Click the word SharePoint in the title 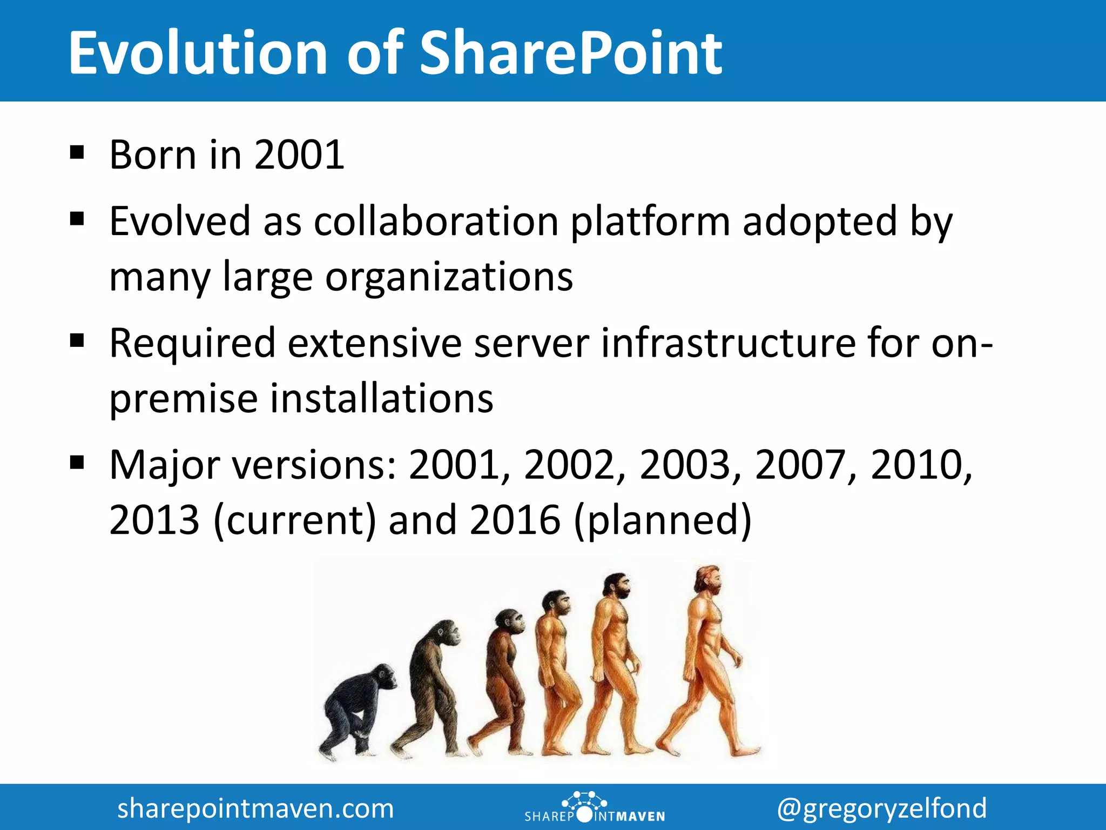coord(571,53)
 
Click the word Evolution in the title coord(198,53)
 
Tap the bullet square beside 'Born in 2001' coord(77,153)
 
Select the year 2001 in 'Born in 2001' coord(299,155)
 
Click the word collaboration coord(436,222)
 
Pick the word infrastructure coord(729,343)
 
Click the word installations coord(381,399)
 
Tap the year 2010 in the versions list coord(916,465)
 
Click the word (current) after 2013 coord(294,520)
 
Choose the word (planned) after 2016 coord(662,520)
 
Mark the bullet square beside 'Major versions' coord(77,463)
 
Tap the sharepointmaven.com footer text coord(255,808)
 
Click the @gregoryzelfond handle coord(881,808)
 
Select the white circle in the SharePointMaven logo coord(584,815)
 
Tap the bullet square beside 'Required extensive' coord(77,341)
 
